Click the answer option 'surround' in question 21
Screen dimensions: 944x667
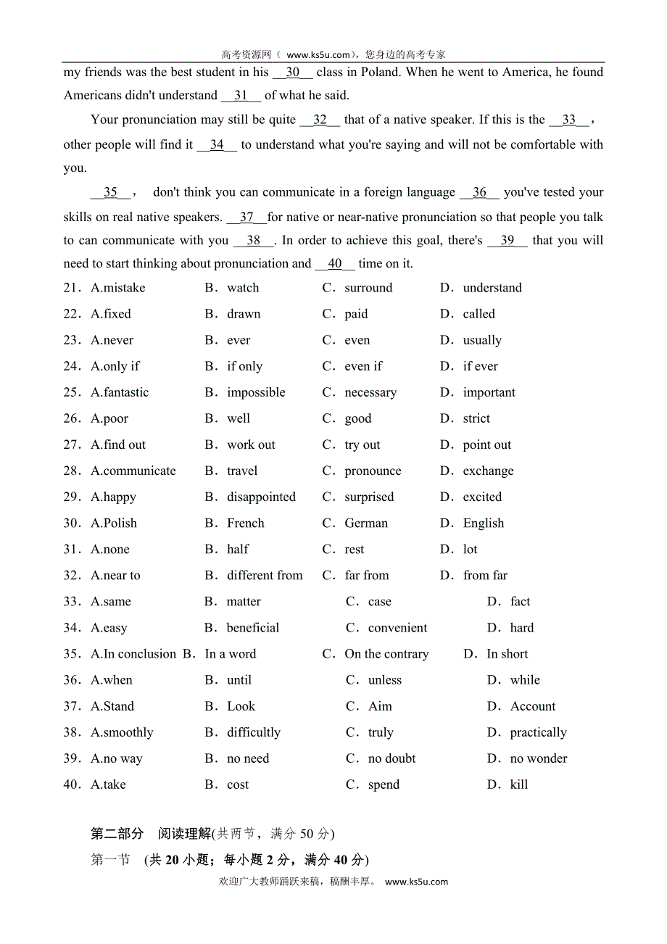click(368, 288)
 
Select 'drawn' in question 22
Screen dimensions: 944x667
click(244, 314)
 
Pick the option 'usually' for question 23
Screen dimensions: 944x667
click(482, 340)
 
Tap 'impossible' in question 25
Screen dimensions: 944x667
click(256, 392)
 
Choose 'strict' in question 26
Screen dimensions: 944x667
click(476, 418)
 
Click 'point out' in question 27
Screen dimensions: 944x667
click(487, 444)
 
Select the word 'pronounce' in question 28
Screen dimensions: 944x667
click(373, 471)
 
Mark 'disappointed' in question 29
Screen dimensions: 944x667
click(261, 497)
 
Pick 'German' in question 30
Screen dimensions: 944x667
click(366, 523)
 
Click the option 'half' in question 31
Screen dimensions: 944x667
click(238, 549)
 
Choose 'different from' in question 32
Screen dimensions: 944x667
click(265, 575)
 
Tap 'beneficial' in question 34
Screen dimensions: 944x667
click(253, 628)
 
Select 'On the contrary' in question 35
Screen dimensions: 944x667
click(386, 654)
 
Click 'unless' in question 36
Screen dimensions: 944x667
click(384, 680)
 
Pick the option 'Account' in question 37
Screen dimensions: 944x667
click(533, 706)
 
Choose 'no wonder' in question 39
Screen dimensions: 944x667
click(539, 758)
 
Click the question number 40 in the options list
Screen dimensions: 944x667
click(72, 784)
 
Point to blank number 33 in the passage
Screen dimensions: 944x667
click(569, 120)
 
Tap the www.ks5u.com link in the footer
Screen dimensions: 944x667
click(416, 882)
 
